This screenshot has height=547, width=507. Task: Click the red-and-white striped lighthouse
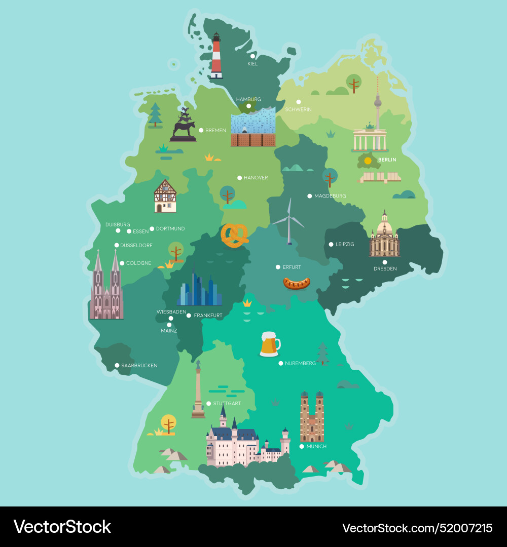(216, 57)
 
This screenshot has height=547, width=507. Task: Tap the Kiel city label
(252, 64)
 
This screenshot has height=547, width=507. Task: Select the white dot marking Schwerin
(299, 102)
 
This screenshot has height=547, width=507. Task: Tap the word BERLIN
(387, 160)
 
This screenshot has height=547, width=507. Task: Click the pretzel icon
(234, 235)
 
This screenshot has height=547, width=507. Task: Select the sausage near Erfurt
(297, 283)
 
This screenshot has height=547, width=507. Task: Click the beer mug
(269, 344)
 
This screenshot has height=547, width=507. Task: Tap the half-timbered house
(165, 196)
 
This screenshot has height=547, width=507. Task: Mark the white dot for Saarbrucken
(117, 365)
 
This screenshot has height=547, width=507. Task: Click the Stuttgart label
(227, 404)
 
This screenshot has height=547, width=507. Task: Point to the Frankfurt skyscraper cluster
(199, 291)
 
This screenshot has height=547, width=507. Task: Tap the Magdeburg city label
(330, 196)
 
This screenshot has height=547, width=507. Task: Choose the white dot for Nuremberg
(280, 363)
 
